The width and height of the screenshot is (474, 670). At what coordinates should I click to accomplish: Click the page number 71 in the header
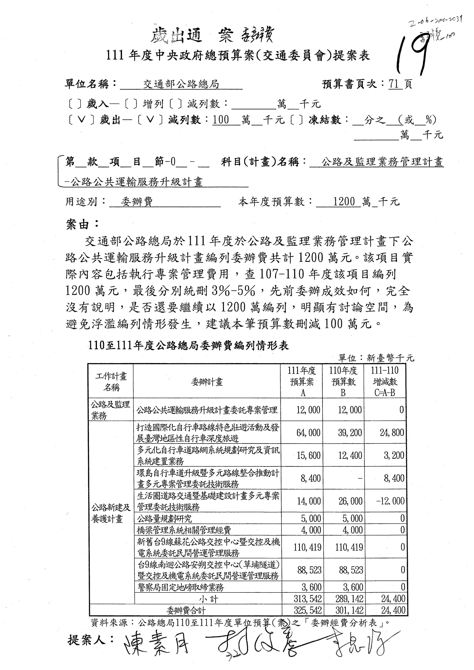[x=394, y=84]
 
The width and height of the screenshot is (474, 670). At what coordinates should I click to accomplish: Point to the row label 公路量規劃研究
[x=164, y=519]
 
